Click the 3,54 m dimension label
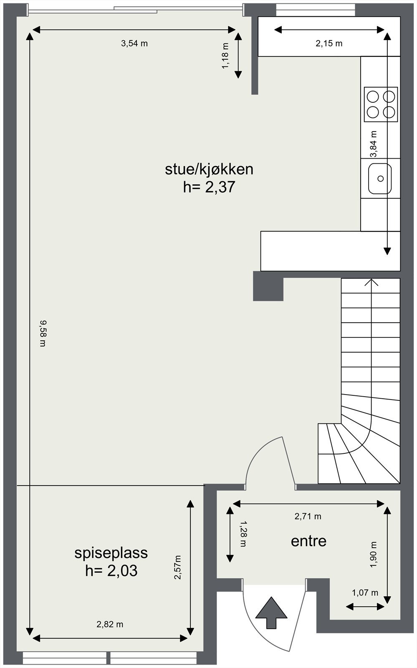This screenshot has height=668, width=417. click(x=134, y=43)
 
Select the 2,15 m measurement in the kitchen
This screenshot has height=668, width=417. click(x=329, y=43)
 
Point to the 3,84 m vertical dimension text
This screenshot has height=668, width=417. click(x=374, y=144)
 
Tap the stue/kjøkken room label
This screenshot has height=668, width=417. click(x=209, y=169)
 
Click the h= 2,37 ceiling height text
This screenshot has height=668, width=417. click(x=209, y=187)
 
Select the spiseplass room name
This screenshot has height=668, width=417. click(x=111, y=553)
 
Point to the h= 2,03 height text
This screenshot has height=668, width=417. click(x=111, y=571)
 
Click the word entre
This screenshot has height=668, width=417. click(x=308, y=541)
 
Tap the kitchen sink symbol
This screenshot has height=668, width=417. click(x=380, y=179)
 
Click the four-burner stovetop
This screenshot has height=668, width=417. click(x=381, y=104)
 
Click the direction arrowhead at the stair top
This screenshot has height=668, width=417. click(x=371, y=282)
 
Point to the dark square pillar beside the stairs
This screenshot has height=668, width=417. click(x=268, y=286)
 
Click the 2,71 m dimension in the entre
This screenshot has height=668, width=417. click(x=308, y=516)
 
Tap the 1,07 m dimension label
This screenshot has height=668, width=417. click(x=365, y=593)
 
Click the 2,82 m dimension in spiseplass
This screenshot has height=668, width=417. click(x=110, y=625)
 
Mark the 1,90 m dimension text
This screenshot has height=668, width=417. click(x=374, y=554)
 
